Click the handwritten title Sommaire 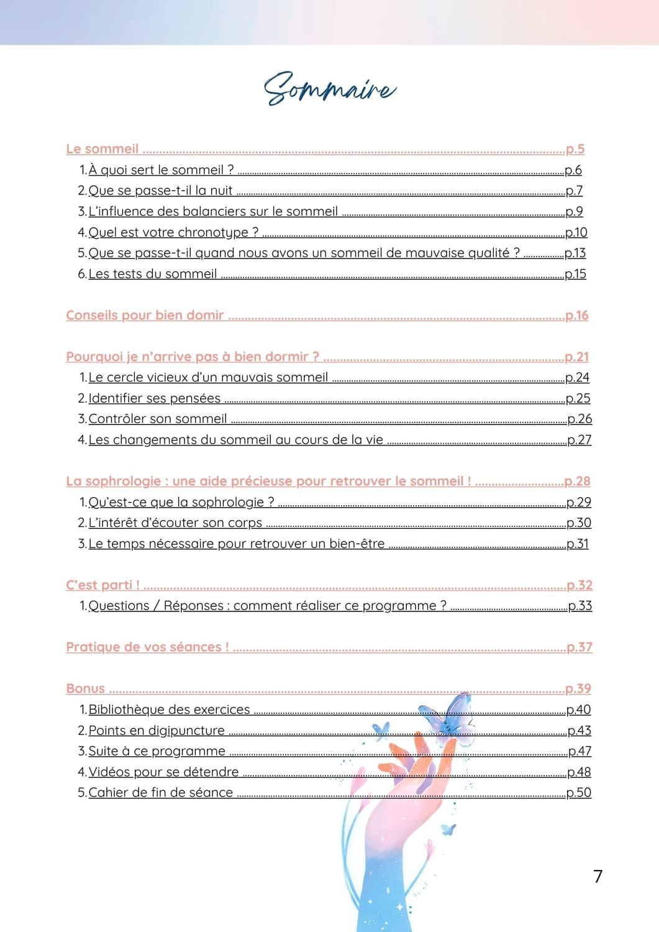pyautogui.click(x=330, y=89)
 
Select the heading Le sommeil pyautogui.click(x=102, y=149)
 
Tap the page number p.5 pyautogui.click(x=575, y=149)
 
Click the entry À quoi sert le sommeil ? pyautogui.click(x=161, y=170)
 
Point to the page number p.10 pyautogui.click(x=576, y=232)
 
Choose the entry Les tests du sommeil pyautogui.click(x=152, y=274)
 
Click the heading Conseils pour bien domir pyautogui.click(x=145, y=316)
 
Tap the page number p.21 pyautogui.click(x=576, y=357)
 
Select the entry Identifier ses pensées pyautogui.click(x=154, y=398)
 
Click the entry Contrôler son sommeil pyautogui.click(x=157, y=419)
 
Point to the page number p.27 pyautogui.click(x=579, y=440)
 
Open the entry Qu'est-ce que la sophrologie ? pyautogui.click(x=181, y=502)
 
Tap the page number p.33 pyautogui.click(x=579, y=606)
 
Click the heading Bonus pyautogui.click(x=86, y=689)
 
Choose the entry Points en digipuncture pyautogui.click(x=156, y=731)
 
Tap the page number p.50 pyautogui.click(x=578, y=793)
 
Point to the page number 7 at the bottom pyautogui.click(x=598, y=876)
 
